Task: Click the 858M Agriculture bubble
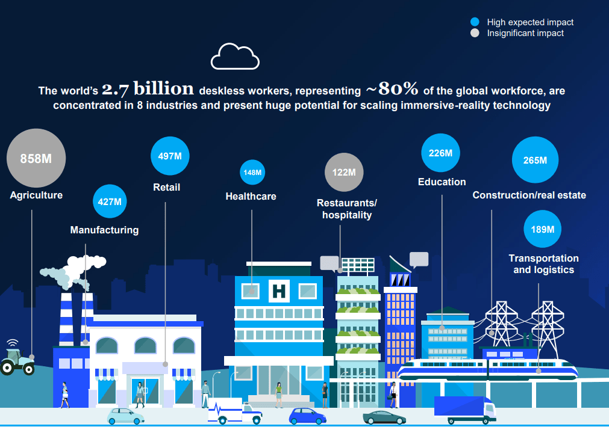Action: click(36, 158)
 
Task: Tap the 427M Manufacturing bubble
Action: click(110, 201)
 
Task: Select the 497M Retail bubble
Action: click(170, 156)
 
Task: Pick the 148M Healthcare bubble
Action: click(252, 172)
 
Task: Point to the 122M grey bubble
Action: click(344, 172)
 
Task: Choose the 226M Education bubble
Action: click(440, 153)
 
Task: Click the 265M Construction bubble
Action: click(535, 160)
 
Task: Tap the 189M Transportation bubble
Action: click(542, 229)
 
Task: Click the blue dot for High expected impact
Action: click(475, 22)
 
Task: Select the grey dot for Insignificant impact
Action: click(475, 33)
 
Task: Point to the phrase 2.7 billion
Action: click(148, 89)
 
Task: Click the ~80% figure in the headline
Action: click(392, 89)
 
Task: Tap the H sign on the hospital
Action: click(280, 291)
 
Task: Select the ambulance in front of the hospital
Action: click(235, 411)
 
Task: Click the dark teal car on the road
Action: click(384, 418)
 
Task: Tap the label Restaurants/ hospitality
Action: click(347, 209)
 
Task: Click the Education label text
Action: click(442, 182)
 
